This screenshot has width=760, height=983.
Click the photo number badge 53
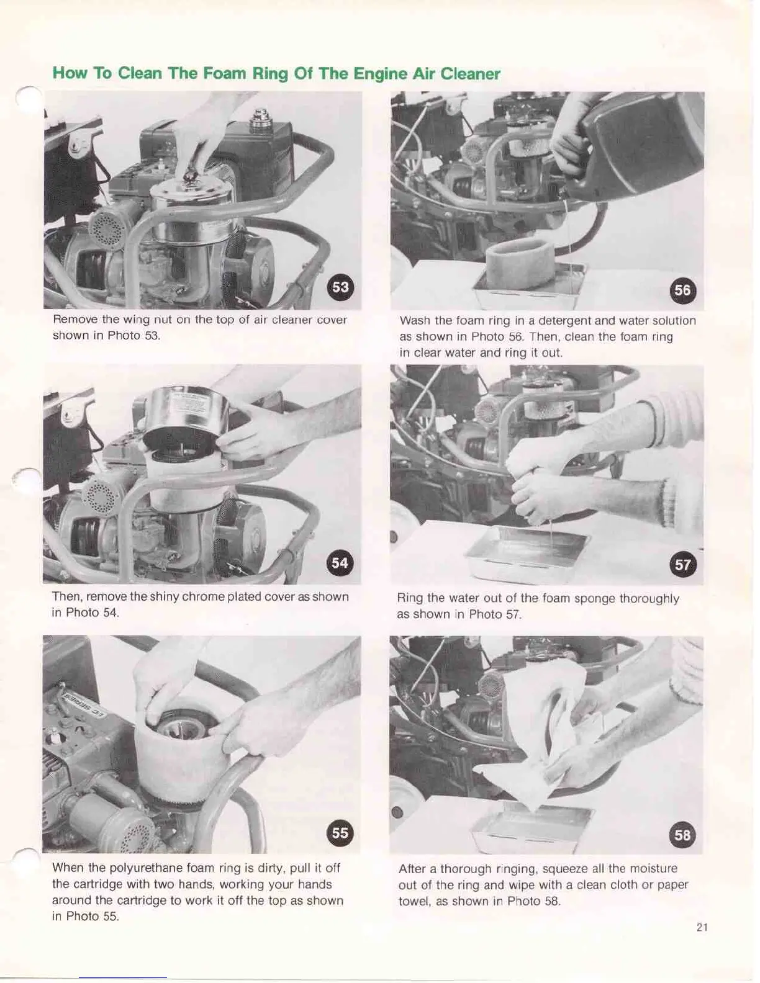[x=341, y=287]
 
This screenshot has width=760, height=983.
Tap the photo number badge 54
[x=340, y=563]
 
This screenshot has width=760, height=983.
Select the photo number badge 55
[x=340, y=833]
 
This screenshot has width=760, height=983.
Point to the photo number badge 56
[x=682, y=290]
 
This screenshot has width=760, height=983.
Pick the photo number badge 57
[x=682, y=565]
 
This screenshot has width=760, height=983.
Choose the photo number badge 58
[x=682, y=835]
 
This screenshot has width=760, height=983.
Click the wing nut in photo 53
[x=189, y=174]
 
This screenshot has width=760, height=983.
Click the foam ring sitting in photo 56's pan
[x=520, y=264]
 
